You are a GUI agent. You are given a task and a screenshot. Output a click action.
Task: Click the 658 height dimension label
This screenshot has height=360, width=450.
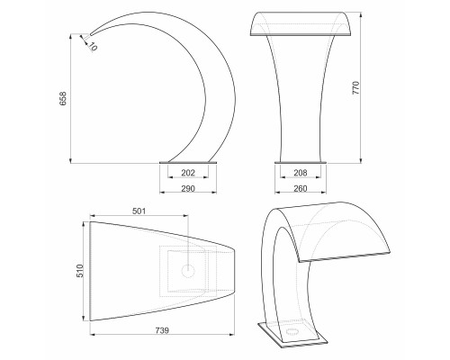(x=63, y=98)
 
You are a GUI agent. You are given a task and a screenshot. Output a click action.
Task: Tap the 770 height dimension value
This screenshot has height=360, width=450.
(x=355, y=87)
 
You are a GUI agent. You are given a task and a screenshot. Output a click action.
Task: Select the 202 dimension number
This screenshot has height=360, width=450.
(x=188, y=173)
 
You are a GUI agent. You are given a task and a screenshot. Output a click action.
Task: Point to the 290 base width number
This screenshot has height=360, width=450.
(x=188, y=188)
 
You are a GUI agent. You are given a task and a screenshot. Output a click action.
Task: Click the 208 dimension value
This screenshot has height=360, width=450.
(x=301, y=173)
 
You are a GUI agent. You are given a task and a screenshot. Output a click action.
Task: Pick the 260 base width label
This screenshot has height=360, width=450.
(x=301, y=188)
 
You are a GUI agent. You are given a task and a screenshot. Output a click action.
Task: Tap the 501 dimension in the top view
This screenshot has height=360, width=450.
(x=139, y=211)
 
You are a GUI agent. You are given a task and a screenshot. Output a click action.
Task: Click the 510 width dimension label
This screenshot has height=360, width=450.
(x=80, y=271)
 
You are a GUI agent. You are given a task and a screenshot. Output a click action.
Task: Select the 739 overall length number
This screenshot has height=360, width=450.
(x=162, y=330)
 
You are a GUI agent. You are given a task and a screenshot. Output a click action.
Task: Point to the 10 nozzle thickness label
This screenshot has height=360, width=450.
(x=93, y=47)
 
